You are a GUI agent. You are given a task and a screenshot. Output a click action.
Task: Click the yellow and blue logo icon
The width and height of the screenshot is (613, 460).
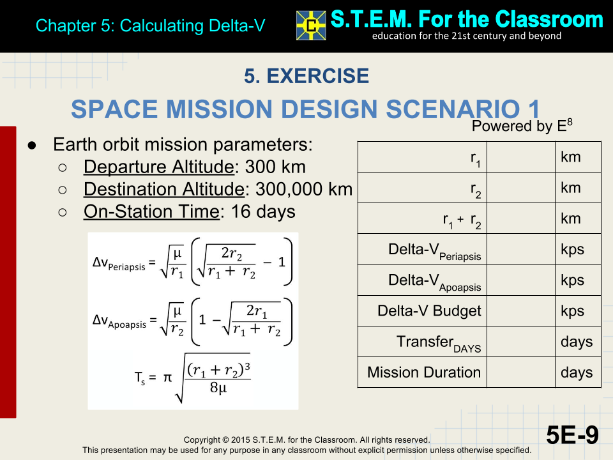click(311, 26)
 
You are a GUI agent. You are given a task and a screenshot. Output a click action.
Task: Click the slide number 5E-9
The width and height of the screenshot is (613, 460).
click(572, 435)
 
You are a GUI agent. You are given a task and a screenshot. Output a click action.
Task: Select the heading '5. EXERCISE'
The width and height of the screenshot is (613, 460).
click(306, 76)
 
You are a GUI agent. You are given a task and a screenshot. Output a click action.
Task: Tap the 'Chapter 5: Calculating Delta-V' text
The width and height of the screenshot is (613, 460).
click(150, 26)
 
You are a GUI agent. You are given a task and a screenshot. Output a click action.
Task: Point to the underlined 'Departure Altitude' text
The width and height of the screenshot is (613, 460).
click(158, 167)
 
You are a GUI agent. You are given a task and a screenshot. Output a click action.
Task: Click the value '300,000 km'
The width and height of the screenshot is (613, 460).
click(304, 190)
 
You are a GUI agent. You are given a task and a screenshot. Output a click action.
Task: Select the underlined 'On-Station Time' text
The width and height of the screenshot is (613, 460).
click(151, 212)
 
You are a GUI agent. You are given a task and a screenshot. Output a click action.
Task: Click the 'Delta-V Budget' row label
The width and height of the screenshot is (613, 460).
click(429, 311)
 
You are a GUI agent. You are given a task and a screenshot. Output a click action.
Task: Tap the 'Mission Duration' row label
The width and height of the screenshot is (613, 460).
click(424, 372)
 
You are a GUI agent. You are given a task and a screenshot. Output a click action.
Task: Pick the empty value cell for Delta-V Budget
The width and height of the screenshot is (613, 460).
click(520, 311)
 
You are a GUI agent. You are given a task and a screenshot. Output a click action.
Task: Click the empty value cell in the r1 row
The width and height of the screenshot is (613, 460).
click(520, 157)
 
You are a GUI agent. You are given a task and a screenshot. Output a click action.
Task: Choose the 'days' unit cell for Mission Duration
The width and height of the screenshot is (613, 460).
click(577, 372)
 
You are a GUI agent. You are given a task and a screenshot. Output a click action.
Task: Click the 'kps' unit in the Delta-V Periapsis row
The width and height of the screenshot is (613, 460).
click(572, 250)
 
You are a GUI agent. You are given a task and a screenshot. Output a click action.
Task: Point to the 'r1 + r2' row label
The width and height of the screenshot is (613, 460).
click(462, 220)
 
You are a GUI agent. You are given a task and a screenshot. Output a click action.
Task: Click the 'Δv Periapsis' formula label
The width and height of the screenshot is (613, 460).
click(119, 264)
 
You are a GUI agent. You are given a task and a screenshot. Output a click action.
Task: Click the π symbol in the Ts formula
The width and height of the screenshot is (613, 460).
click(167, 378)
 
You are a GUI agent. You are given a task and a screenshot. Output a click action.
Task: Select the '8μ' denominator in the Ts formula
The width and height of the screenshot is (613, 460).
click(217, 387)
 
